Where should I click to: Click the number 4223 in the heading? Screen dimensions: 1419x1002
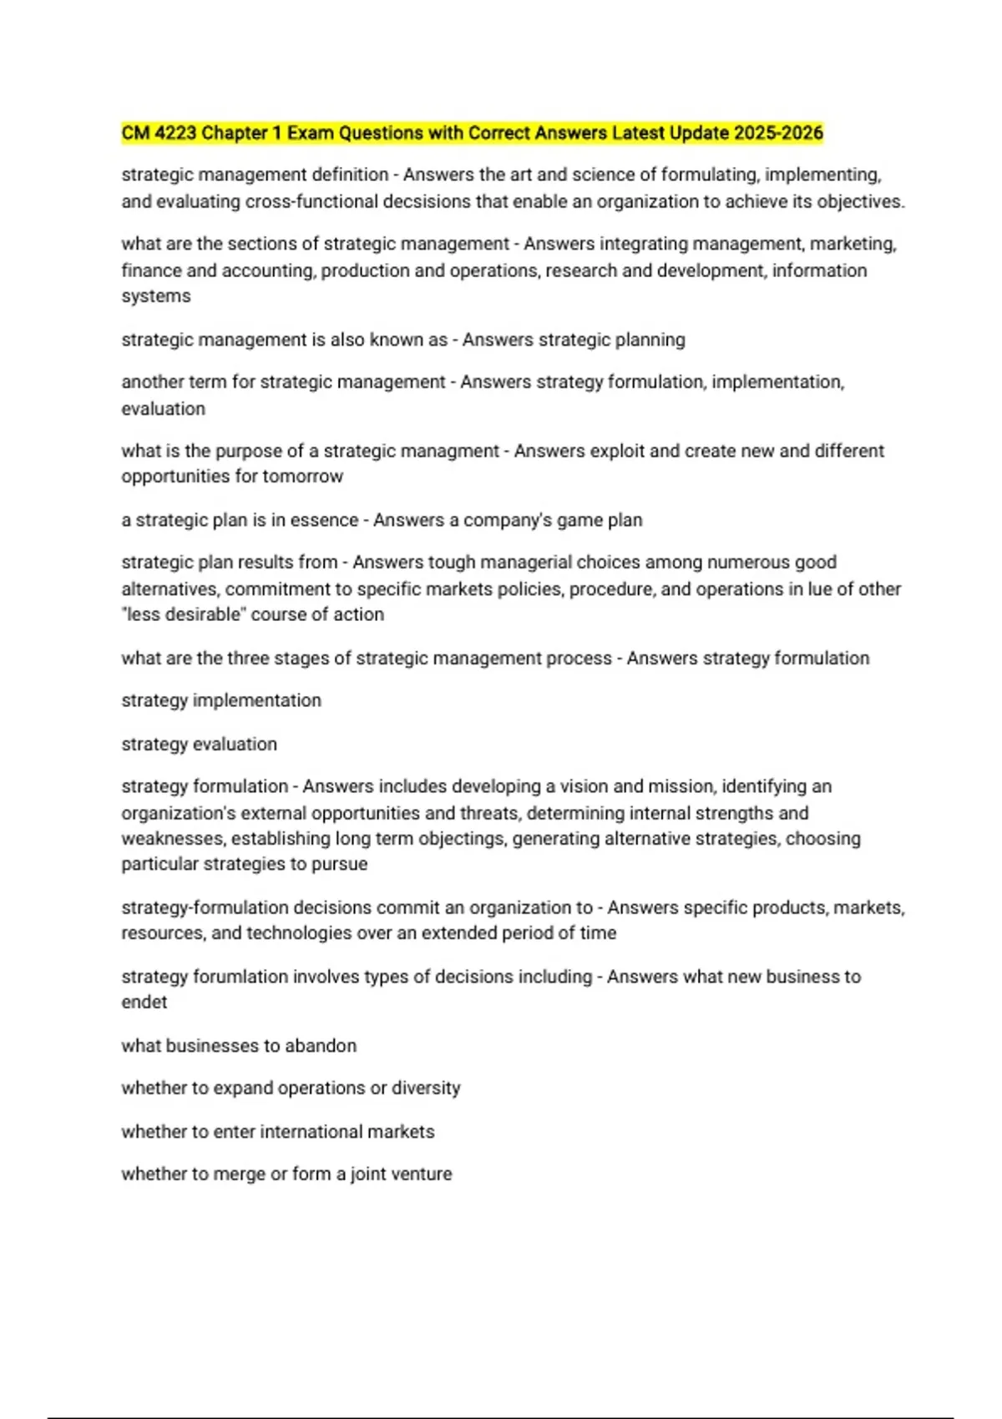coord(174,133)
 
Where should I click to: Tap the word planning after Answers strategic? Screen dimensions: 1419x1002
coord(650,340)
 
